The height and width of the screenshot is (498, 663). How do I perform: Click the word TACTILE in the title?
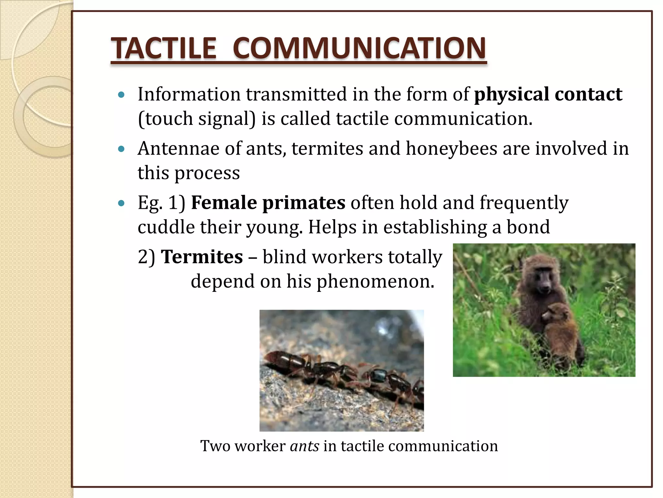click(163, 48)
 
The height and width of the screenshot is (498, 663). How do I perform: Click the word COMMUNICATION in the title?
click(359, 48)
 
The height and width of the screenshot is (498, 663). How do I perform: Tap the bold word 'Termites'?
click(202, 257)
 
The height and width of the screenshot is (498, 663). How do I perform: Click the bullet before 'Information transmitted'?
click(121, 95)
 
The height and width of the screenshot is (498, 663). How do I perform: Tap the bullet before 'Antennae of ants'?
click(121, 149)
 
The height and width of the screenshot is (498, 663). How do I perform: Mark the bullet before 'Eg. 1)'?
click(121, 203)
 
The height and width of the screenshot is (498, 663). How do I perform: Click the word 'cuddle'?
click(166, 227)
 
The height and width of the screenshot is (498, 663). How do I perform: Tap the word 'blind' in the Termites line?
click(284, 257)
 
